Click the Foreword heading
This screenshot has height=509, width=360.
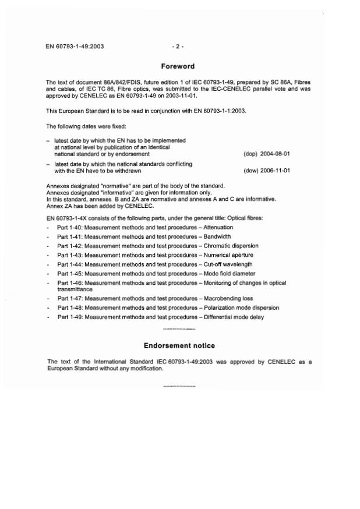tap(178, 66)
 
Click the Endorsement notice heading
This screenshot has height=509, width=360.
tap(179, 345)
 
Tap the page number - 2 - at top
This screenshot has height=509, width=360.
tap(178, 46)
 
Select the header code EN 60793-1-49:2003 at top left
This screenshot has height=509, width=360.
tap(75, 46)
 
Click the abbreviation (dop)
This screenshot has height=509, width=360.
tap(250, 154)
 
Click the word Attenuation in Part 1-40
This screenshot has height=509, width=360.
tap(218, 227)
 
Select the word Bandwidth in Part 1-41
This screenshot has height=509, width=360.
tap(216, 236)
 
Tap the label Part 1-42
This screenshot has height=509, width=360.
tap(69, 246)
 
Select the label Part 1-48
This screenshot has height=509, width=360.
tap(69, 307)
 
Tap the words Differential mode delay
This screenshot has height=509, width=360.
tap(233, 317)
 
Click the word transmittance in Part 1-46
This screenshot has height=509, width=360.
tap(76, 289)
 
